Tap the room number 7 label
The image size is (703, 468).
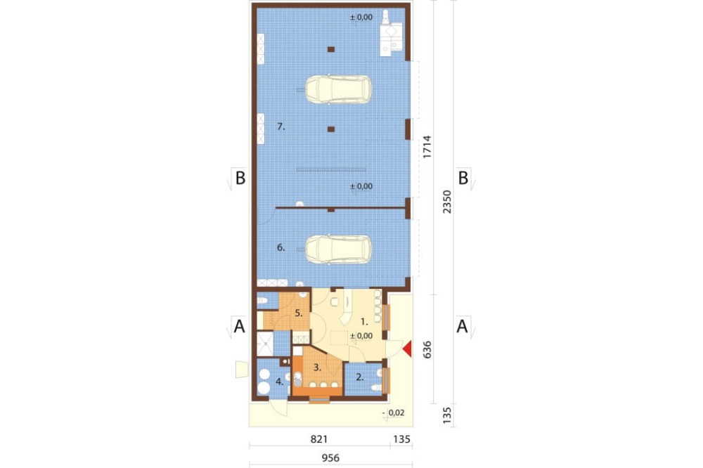[280, 127]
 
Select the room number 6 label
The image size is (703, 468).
[280, 247]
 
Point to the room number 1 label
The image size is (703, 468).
[364, 321]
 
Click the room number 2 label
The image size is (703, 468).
[359, 377]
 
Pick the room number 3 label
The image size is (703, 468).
[317, 368]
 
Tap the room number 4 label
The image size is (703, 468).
[279, 382]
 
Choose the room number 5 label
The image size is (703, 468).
[299, 313]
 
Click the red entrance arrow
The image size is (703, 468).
[407, 349]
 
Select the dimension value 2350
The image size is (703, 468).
[447, 201]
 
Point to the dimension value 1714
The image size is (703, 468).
[427, 147]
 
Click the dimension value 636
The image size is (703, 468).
[427, 349]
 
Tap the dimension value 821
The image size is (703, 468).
[319, 439]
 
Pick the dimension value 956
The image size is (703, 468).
[330, 458]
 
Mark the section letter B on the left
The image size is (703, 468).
[240, 178]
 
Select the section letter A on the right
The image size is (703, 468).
[463, 326]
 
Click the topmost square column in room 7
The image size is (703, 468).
[331, 49]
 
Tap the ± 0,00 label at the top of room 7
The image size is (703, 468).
[361, 18]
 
